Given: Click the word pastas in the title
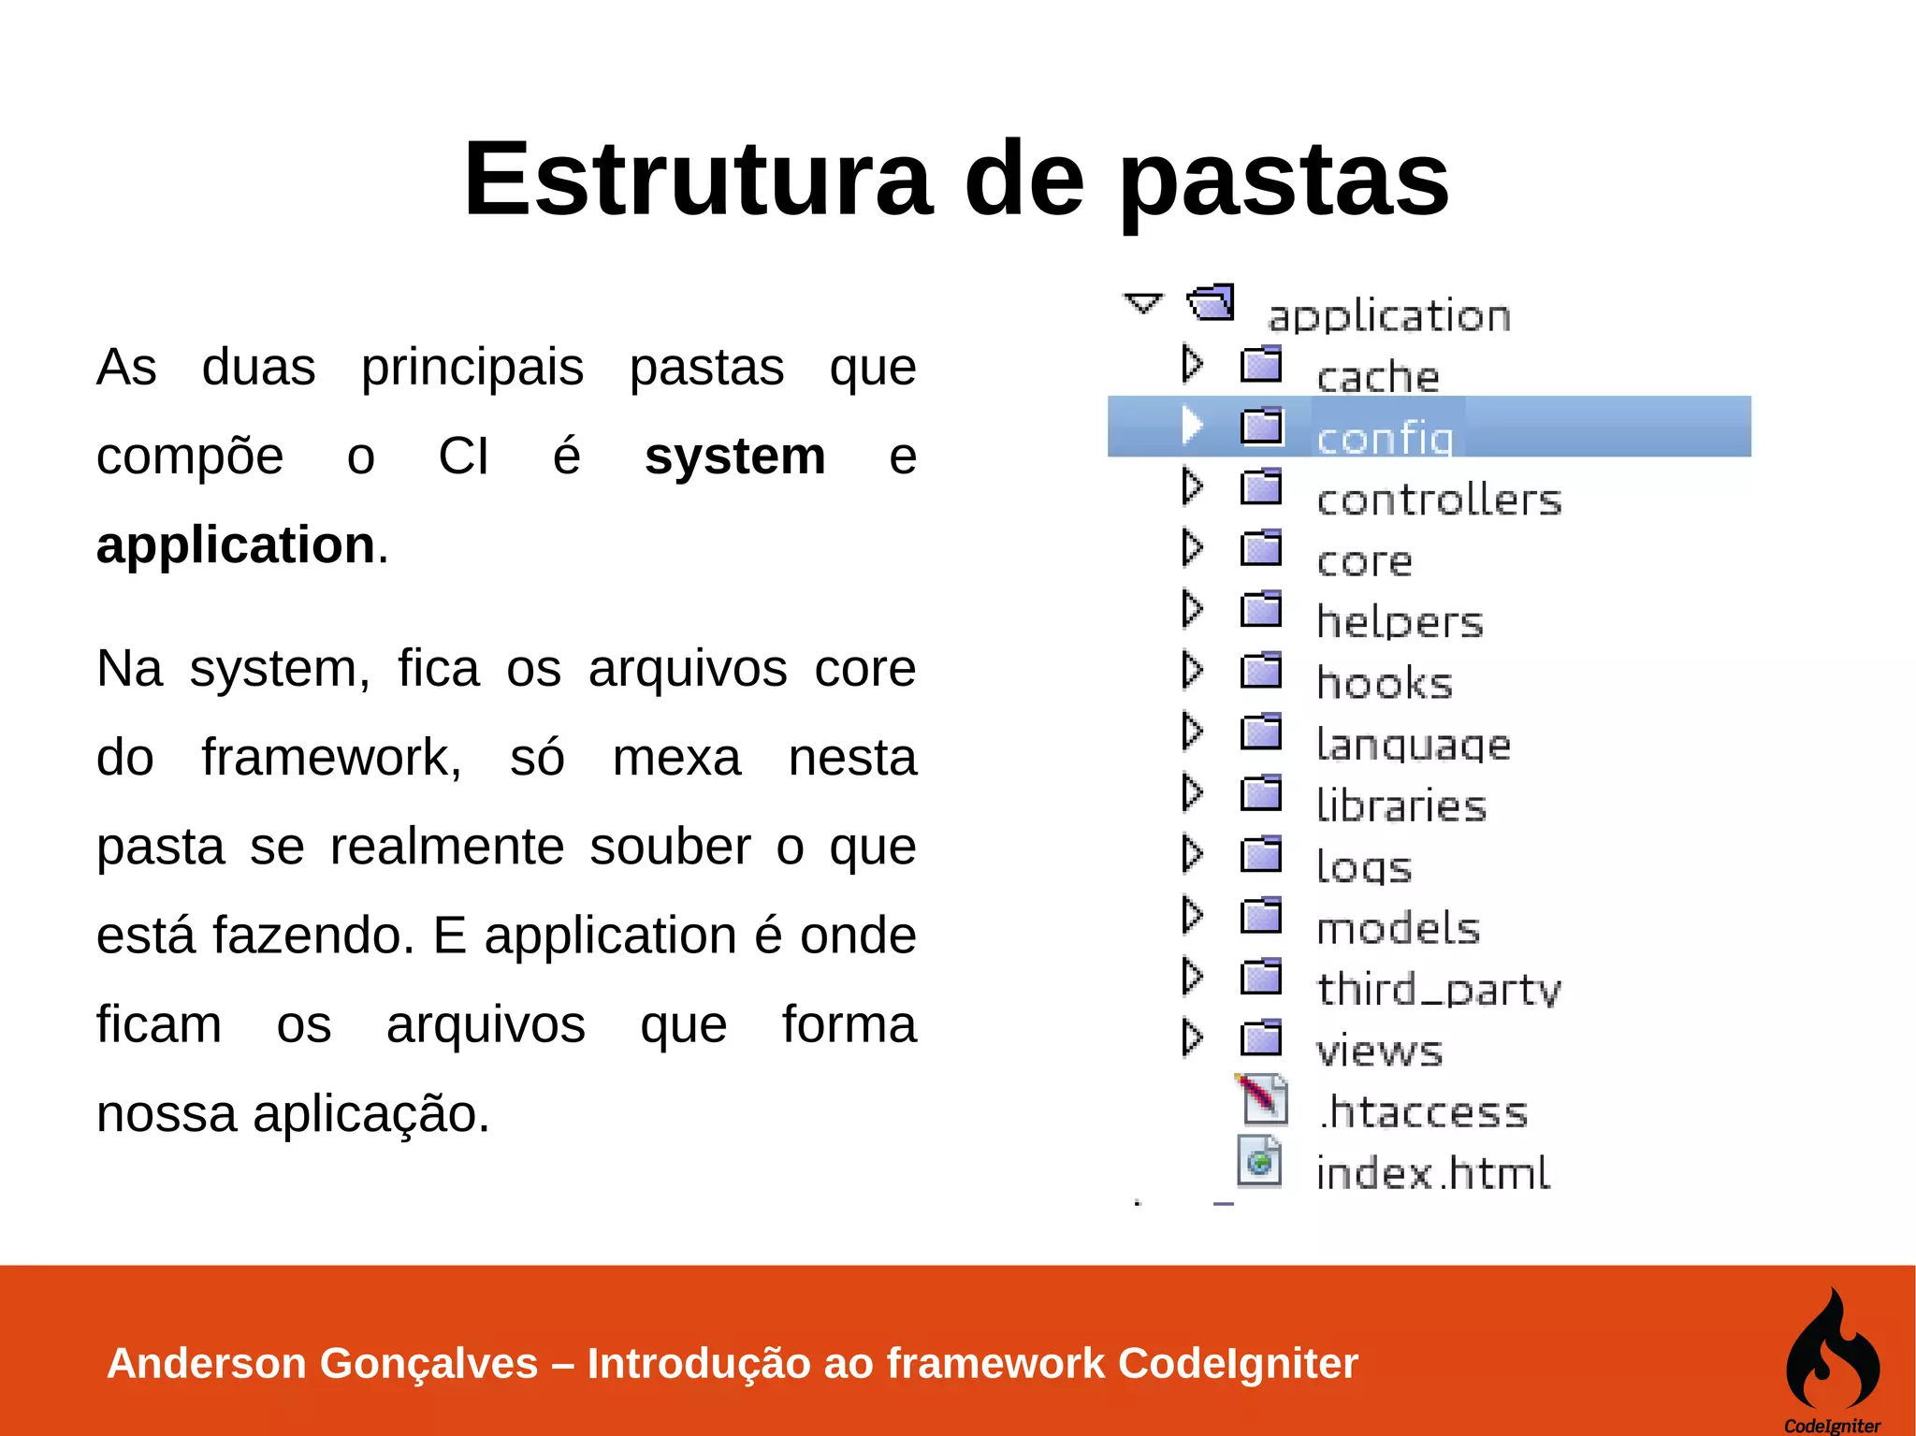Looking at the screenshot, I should pyautogui.click(x=1284, y=180).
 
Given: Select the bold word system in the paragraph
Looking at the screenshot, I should pyautogui.click(x=734, y=457).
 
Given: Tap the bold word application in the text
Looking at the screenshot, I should pyautogui.click(x=236, y=545).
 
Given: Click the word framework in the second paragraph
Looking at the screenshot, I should pyautogui.click(x=331, y=757).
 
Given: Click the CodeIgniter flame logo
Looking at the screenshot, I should pyautogui.click(x=1832, y=1352).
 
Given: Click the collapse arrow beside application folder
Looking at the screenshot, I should pyautogui.click(x=1142, y=303).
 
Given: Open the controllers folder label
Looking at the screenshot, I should pyautogui.click(x=1439, y=500).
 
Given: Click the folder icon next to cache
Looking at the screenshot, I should pyautogui.click(x=1261, y=364).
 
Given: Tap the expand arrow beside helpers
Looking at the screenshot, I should pyautogui.click(x=1191, y=609).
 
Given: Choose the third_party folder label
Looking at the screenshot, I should pyautogui.click(x=1439, y=989).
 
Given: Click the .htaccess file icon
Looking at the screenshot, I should pyautogui.click(x=1264, y=1098).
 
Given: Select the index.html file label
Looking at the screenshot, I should pyautogui.click(x=1432, y=1173).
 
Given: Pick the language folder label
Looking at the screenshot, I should pyautogui.click(x=1413, y=745).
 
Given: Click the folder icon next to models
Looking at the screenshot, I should pyautogui.click(x=1261, y=916).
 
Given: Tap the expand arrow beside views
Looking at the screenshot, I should pyautogui.click(x=1191, y=1037).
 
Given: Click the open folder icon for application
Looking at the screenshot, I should pyautogui.click(x=1212, y=302).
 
